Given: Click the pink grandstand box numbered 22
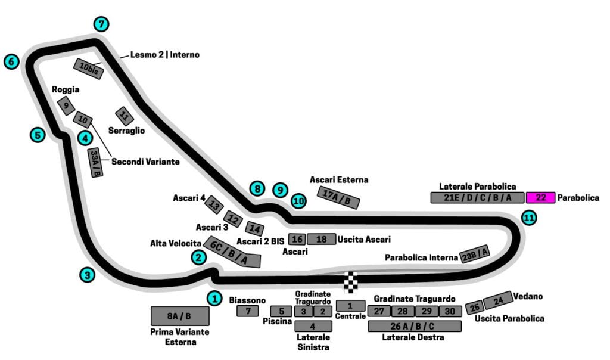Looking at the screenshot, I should [x=541, y=198].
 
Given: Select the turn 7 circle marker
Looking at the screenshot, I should [x=102, y=24].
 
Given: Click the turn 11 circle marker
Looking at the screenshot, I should [x=528, y=218].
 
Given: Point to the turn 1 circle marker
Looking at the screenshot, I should [x=214, y=298].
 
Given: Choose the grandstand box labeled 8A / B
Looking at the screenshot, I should [x=179, y=316].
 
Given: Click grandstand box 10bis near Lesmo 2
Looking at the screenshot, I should [x=89, y=69].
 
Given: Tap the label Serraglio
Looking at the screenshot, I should [x=126, y=129].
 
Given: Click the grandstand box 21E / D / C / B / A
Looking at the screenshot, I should [x=477, y=198].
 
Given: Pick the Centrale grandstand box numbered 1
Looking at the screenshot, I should [x=350, y=305].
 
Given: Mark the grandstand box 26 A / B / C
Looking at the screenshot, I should [x=415, y=326].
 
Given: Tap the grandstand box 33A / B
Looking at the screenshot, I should [x=95, y=163].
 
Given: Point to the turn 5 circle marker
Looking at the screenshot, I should [x=38, y=135].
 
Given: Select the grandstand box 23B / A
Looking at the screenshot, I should [x=475, y=255].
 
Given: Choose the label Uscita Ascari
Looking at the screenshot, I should [x=364, y=240].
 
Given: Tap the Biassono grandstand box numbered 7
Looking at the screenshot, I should [x=247, y=311].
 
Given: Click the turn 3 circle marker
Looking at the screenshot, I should [x=88, y=275].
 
